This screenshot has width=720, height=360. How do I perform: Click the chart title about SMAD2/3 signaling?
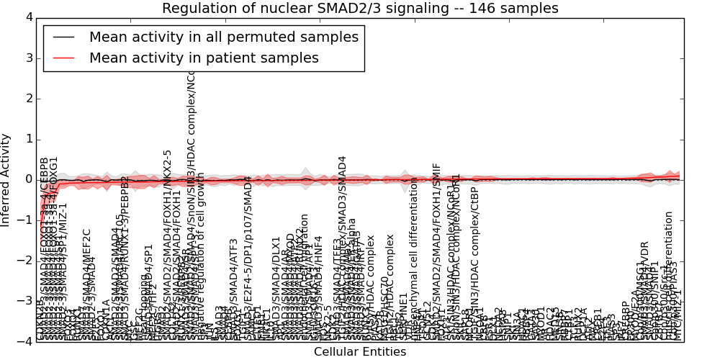tap(360, 9)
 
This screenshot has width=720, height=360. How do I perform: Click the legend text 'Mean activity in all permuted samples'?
tap(223, 37)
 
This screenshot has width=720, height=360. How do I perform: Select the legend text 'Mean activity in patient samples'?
tap(204, 58)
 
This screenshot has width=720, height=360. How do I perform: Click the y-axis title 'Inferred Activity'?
tap(6, 179)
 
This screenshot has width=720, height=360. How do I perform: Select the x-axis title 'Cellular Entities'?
tap(360, 352)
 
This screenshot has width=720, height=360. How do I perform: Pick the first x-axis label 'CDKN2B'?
tap(40, 322)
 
